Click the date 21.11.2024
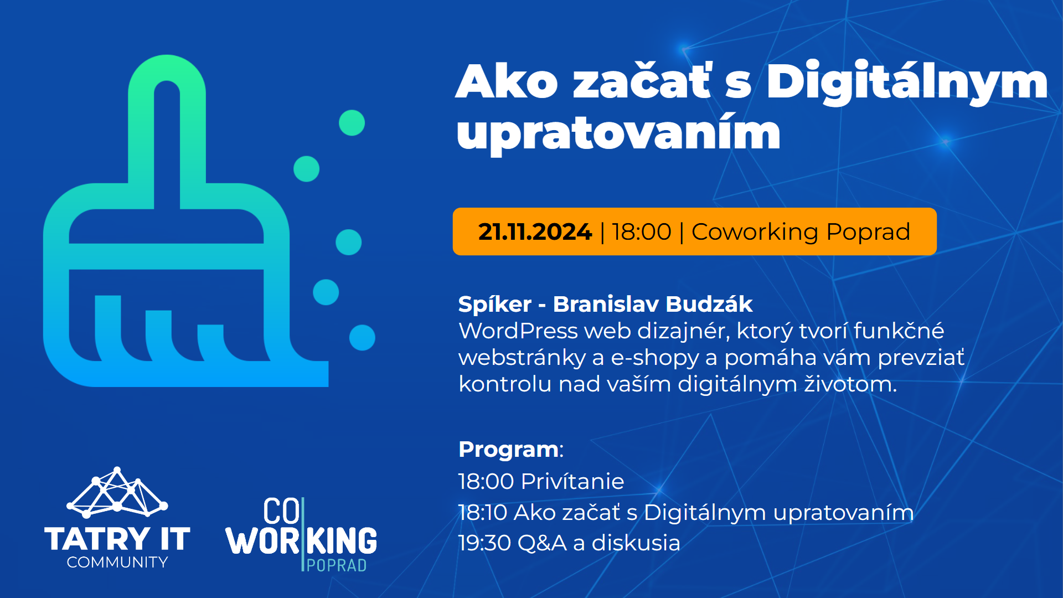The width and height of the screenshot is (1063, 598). pyautogui.click(x=535, y=231)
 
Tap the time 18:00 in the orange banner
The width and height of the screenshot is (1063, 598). pyautogui.click(x=642, y=231)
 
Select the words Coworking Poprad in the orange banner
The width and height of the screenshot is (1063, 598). pyautogui.click(x=801, y=232)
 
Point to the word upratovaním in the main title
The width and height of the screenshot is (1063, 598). pyautogui.click(x=618, y=135)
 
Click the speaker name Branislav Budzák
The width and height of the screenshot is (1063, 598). pyautogui.click(x=653, y=304)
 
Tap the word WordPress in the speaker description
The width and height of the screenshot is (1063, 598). pyautogui.click(x=518, y=331)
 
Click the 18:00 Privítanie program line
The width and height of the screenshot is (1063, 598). pyautogui.click(x=541, y=481)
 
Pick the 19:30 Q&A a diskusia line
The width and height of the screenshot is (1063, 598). pyautogui.click(x=569, y=543)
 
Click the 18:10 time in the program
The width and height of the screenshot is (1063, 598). pyautogui.click(x=483, y=512)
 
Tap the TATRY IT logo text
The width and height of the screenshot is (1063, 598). pyautogui.click(x=117, y=539)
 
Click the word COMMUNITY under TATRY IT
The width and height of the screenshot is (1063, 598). pyautogui.click(x=117, y=562)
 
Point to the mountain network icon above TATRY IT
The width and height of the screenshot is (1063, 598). pyautogui.click(x=117, y=492)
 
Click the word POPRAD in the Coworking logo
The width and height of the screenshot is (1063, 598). pyautogui.click(x=337, y=565)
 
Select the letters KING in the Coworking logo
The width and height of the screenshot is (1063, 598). pyautogui.click(x=342, y=540)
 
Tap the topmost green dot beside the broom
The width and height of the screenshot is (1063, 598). pyautogui.click(x=352, y=122)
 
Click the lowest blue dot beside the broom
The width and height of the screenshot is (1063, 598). pyautogui.click(x=362, y=337)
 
